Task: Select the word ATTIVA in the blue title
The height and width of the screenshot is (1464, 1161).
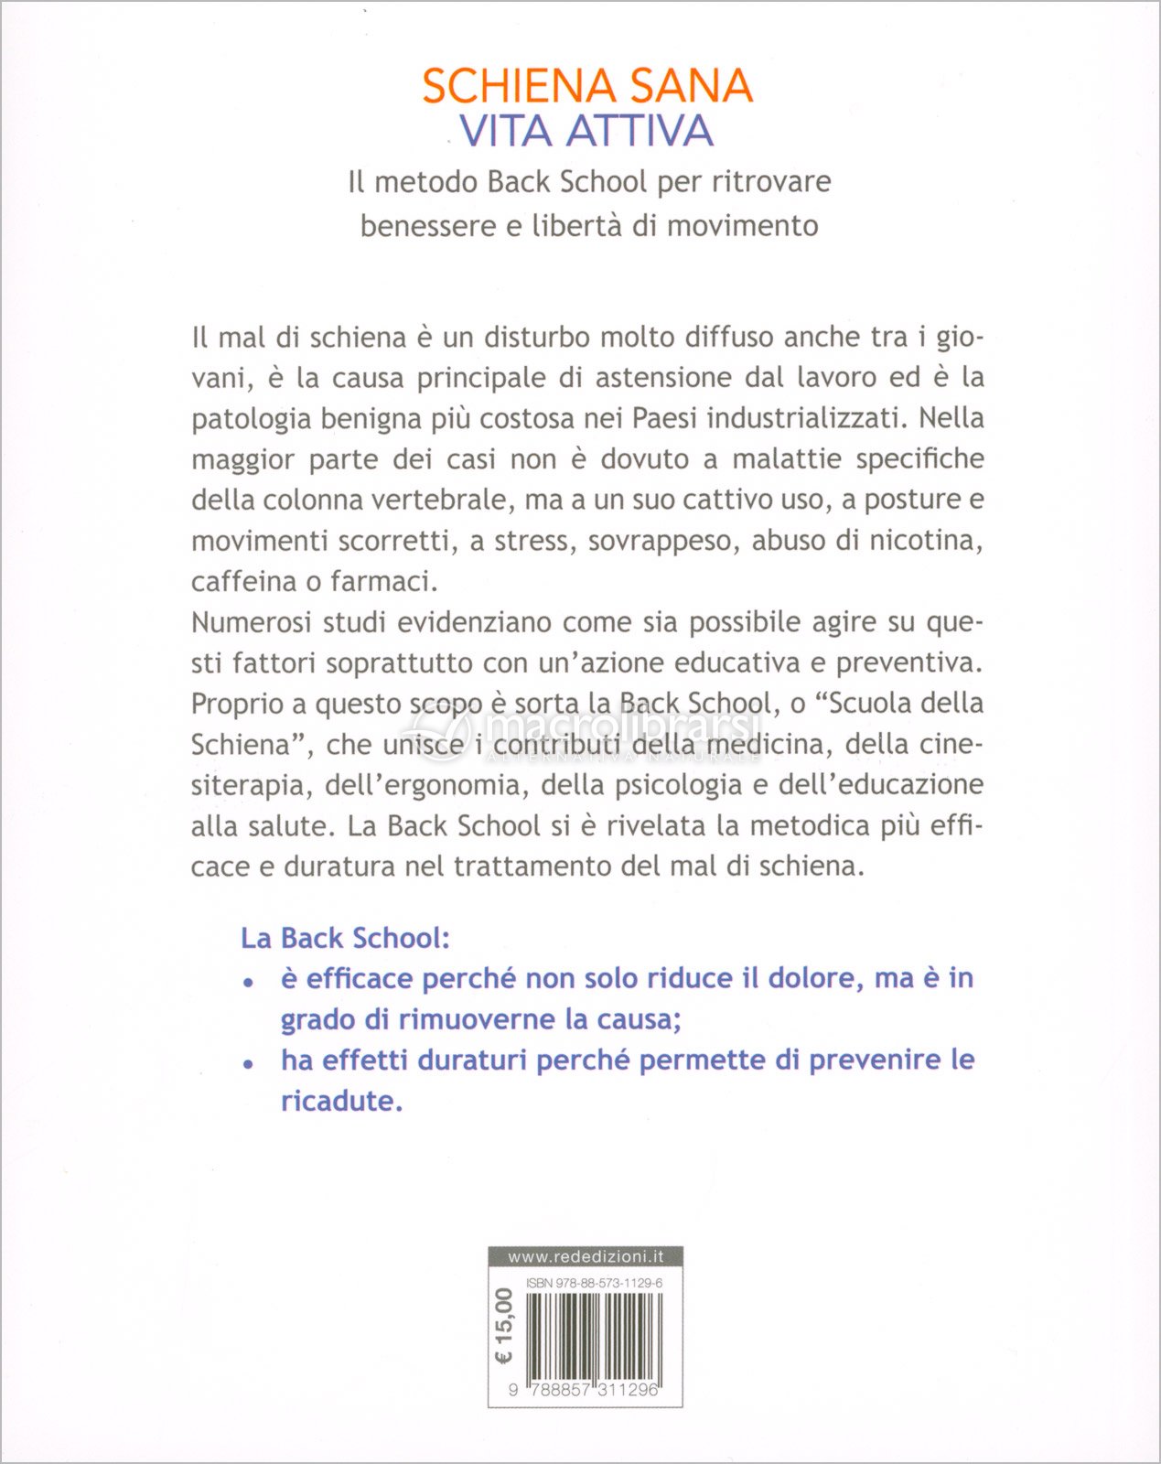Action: (640, 131)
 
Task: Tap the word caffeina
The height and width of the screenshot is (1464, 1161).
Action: (243, 582)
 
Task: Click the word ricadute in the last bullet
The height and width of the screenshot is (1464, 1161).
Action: (340, 1101)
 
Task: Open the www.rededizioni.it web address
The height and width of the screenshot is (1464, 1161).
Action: (586, 1256)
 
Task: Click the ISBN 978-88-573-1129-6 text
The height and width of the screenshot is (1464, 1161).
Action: (595, 1284)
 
